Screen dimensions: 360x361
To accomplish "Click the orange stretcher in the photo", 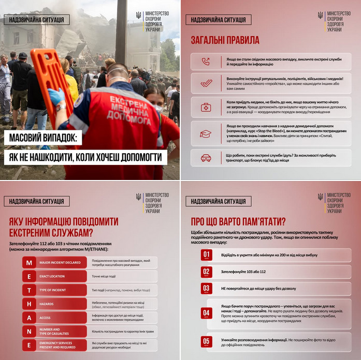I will click(49, 78).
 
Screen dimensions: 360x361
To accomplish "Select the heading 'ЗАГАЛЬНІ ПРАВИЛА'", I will click(225, 40).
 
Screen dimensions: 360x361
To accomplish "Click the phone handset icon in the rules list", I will click(206, 62).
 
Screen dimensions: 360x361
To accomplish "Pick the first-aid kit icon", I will click(206, 108).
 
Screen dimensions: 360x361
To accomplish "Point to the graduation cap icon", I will click(206, 133).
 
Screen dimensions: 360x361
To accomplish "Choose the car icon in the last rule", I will click(206, 157).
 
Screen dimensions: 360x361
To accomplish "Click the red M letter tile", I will click(29, 263).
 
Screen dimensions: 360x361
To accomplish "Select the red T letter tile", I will click(29, 290).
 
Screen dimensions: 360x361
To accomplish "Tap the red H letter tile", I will click(29, 304).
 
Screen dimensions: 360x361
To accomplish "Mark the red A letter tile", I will click(29, 317).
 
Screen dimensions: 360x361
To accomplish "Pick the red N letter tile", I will click(29, 331).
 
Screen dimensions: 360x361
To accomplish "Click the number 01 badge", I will click(207, 255).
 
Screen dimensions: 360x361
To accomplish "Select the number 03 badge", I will click(207, 288).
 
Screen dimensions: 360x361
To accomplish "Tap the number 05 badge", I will click(207, 341).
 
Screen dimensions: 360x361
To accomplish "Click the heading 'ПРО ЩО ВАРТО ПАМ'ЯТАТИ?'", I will click(238, 222).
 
